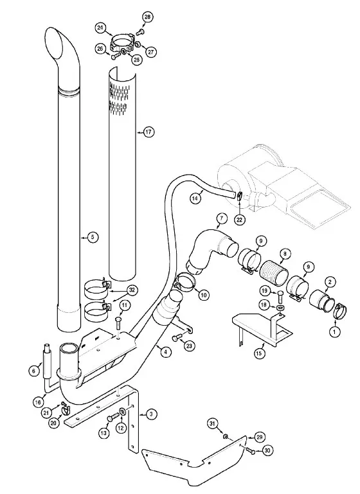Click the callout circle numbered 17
[x=148, y=132]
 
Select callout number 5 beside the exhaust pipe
[x=93, y=236]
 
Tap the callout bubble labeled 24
[x=100, y=28]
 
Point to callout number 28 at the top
[x=147, y=17]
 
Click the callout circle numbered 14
[x=196, y=198]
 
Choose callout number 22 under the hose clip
[x=239, y=220]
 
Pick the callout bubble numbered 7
[x=222, y=218]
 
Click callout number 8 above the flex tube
[x=284, y=252]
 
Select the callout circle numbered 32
[x=132, y=290]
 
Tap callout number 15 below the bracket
[x=258, y=353]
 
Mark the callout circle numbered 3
[x=151, y=414]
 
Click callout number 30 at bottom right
[x=267, y=451]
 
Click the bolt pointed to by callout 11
[x=118, y=324]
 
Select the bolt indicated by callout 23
[x=176, y=339]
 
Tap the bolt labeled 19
[x=280, y=297]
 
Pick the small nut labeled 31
[x=226, y=436]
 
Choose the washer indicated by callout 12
[x=122, y=412]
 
